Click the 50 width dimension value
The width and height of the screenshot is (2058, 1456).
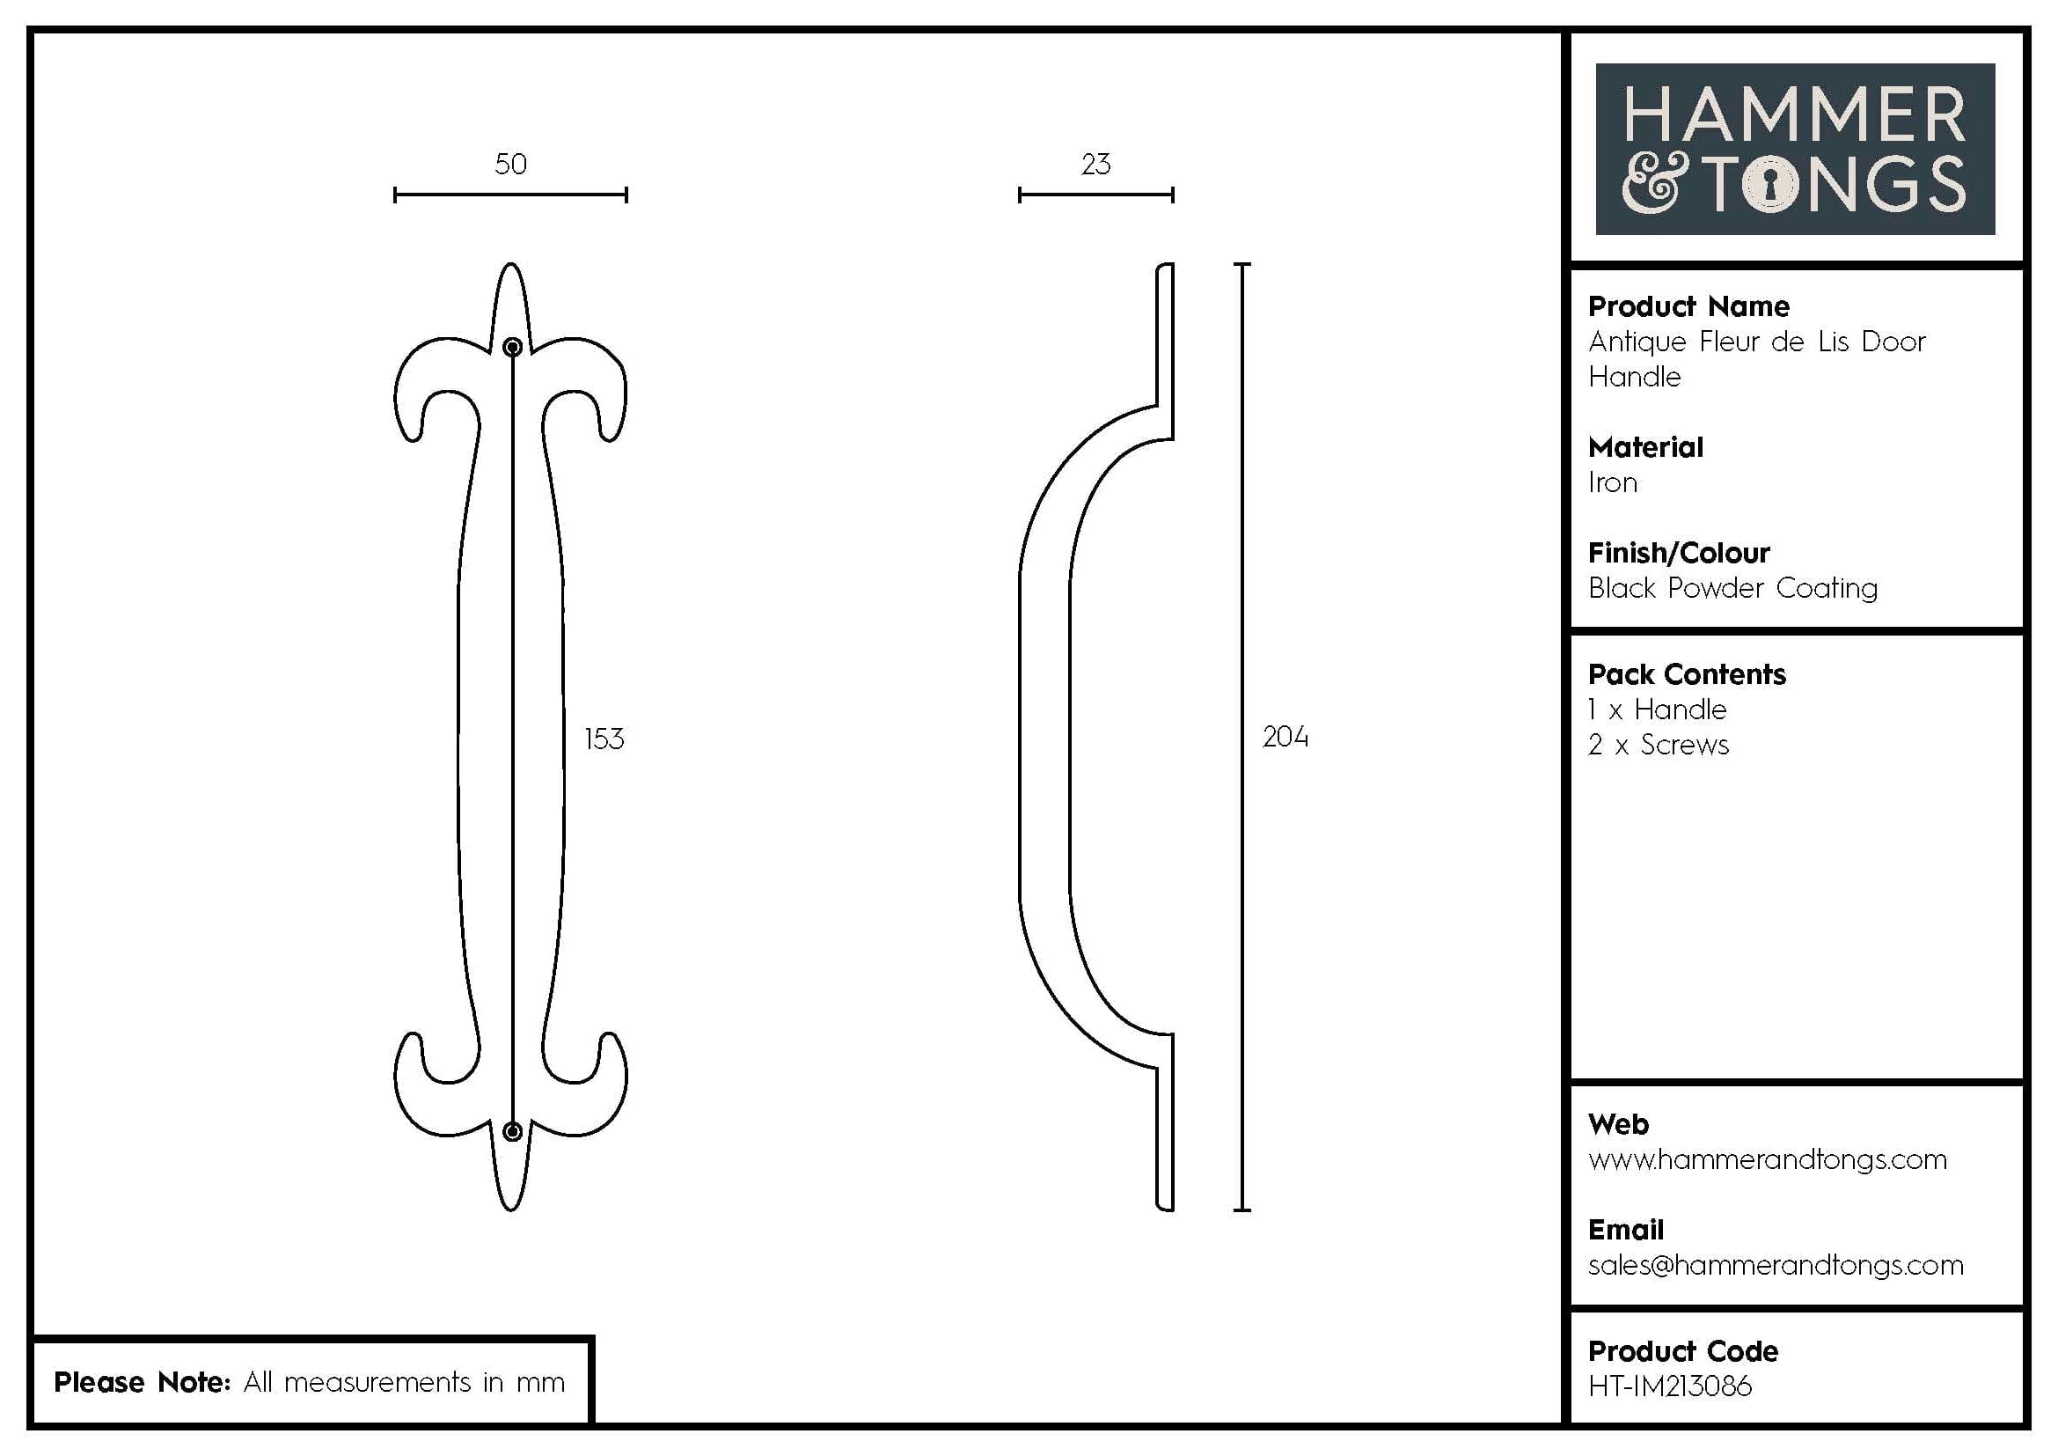tap(511, 164)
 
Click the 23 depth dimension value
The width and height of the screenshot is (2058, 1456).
tap(1095, 164)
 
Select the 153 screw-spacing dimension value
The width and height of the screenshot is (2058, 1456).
tap(604, 739)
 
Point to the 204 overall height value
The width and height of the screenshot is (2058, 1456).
tap(1285, 737)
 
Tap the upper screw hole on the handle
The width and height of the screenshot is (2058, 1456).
tap(513, 347)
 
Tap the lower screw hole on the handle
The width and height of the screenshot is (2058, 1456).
tap(513, 1131)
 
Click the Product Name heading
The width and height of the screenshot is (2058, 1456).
tap(1688, 306)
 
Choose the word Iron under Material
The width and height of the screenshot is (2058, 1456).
tap(1613, 483)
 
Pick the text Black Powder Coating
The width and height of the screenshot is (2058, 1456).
tap(1732, 588)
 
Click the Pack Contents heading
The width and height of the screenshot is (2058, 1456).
tap(1687, 674)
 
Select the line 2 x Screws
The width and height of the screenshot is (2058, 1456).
tap(1659, 745)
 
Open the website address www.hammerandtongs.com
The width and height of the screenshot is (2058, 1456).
tap(1768, 1159)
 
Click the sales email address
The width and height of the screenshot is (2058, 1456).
tap(1776, 1265)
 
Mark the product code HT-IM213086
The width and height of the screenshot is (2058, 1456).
tap(1670, 1386)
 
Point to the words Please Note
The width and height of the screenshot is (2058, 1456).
tap(142, 1381)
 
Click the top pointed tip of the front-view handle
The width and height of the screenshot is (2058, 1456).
tap(511, 266)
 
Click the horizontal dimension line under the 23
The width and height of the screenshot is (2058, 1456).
tap(1095, 195)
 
